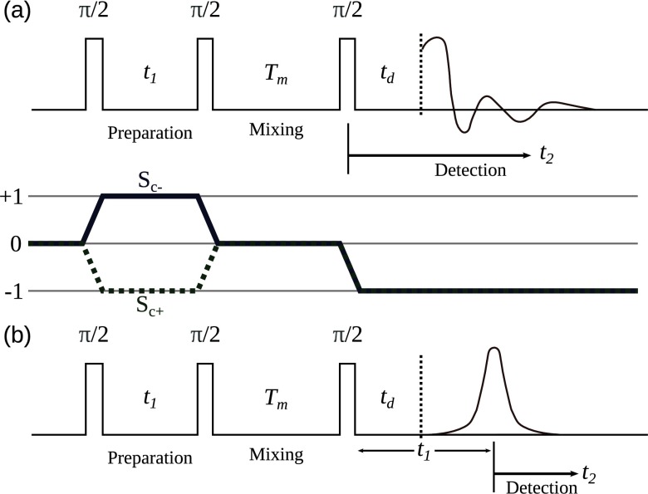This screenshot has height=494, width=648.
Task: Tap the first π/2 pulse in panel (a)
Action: tap(94, 74)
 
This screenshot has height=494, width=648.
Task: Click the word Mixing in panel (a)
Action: tap(276, 130)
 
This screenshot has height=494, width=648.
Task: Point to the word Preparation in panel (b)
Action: tap(150, 457)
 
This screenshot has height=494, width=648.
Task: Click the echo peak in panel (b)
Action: tap(494, 351)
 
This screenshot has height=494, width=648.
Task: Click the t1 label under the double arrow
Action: tap(425, 456)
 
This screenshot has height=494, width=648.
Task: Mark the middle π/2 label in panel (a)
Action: tap(206, 12)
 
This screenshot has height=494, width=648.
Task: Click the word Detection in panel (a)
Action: tap(470, 170)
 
